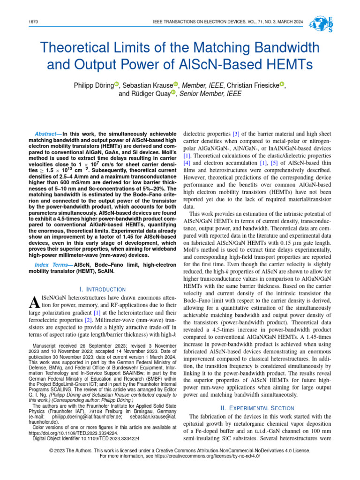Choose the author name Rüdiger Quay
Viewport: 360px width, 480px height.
[150, 94]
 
